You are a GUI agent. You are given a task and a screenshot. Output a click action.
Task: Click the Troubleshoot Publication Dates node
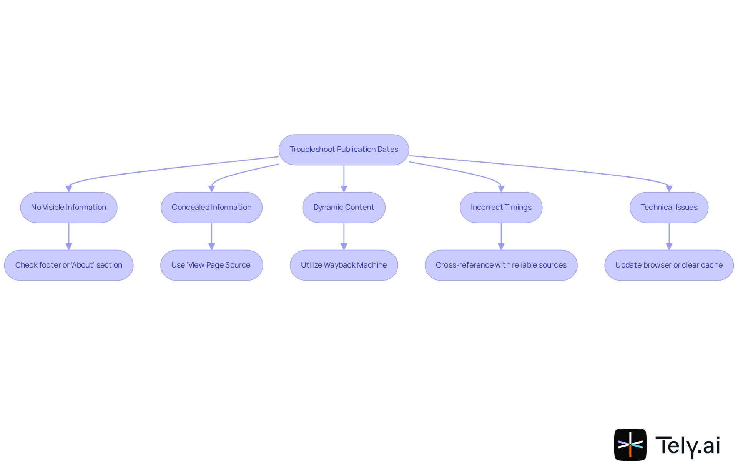click(344, 150)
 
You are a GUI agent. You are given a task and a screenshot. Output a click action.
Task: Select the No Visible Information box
click(69, 208)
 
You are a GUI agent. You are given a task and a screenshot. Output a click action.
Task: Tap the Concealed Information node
click(211, 208)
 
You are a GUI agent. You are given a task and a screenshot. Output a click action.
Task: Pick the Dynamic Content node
click(344, 208)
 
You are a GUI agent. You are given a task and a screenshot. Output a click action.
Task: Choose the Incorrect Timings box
click(501, 208)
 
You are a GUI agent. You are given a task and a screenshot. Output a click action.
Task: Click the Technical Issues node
click(669, 208)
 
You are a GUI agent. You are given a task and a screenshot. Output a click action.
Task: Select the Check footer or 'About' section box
click(69, 265)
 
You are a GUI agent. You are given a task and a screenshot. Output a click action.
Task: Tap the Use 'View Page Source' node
click(211, 265)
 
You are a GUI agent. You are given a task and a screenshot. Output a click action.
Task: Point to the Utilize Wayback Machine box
click(344, 265)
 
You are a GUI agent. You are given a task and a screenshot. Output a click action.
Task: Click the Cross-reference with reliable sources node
click(501, 265)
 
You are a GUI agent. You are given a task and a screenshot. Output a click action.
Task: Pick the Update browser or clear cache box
click(669, 265)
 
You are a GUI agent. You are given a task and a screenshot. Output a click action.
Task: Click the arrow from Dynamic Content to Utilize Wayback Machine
click(344, 236)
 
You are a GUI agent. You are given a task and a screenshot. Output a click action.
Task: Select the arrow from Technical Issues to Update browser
click(669, 236)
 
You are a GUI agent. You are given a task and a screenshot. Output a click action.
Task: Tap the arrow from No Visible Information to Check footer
click(69, 236)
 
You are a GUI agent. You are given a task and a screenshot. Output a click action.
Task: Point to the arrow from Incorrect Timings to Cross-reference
click(501, 236)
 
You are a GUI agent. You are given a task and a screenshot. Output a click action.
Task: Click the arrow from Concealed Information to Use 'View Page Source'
click(211, 236)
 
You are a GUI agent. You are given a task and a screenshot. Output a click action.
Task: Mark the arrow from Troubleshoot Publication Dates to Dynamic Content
click(344, 178)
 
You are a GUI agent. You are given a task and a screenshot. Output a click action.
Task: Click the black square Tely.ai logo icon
click(630, 445)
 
